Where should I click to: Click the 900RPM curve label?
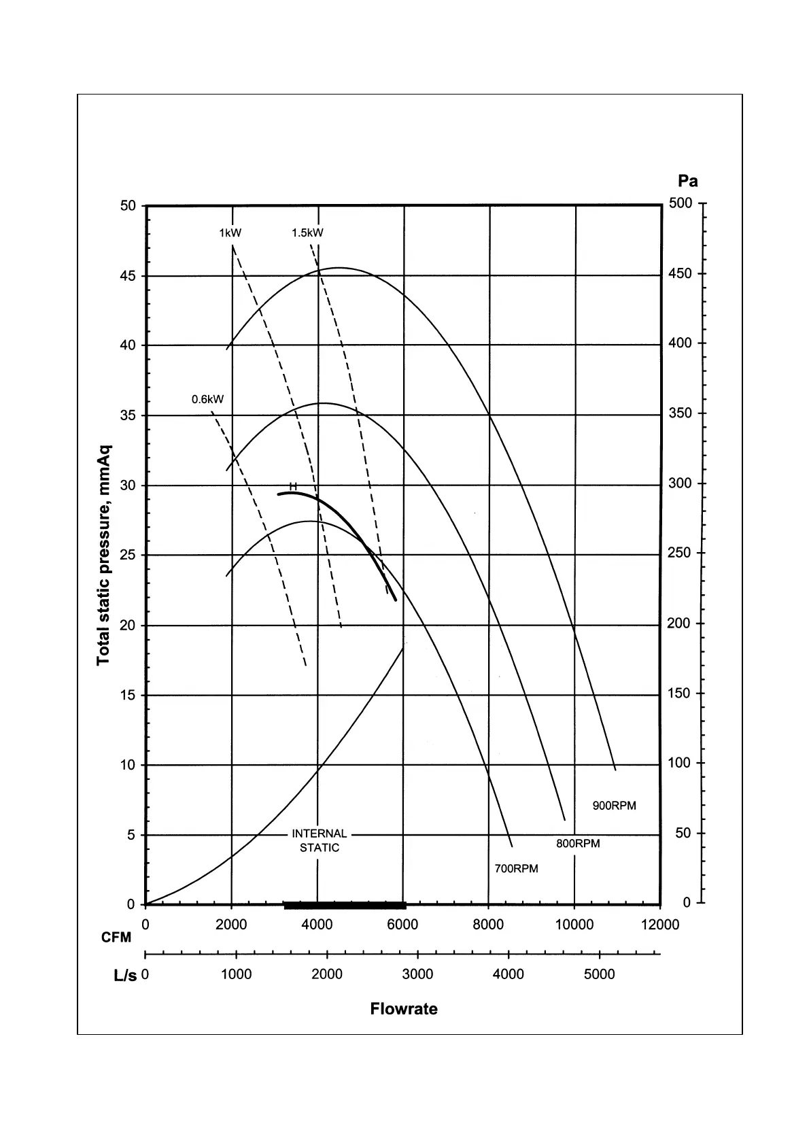[x=614, y=806]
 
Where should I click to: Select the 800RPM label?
[x=578, y=844]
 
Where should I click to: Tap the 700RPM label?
[x=516, y=869]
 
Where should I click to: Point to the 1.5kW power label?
[x=307, y=233]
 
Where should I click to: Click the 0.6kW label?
[x=207, y=399]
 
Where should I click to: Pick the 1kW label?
[x=230, y=233]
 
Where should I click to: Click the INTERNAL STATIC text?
[x=320, y=840]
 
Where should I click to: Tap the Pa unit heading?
[x=687, y=181]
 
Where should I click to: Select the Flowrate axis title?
[x=404, y=1009]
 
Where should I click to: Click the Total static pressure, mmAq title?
[x=103, y=556]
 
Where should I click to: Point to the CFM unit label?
[x=116, y=938]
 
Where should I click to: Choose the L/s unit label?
[x=125, y=976]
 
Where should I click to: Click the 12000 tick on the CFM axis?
[x=659, y=925]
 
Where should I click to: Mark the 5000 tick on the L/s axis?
[x=599, y=974]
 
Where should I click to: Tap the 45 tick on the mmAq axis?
[x=128, y=276]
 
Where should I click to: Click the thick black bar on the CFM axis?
[x=345, y=905]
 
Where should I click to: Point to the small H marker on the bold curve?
[x=293, y=486]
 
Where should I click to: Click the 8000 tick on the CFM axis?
[x=488, y=925]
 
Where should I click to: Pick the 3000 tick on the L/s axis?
[x=417, y=974]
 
